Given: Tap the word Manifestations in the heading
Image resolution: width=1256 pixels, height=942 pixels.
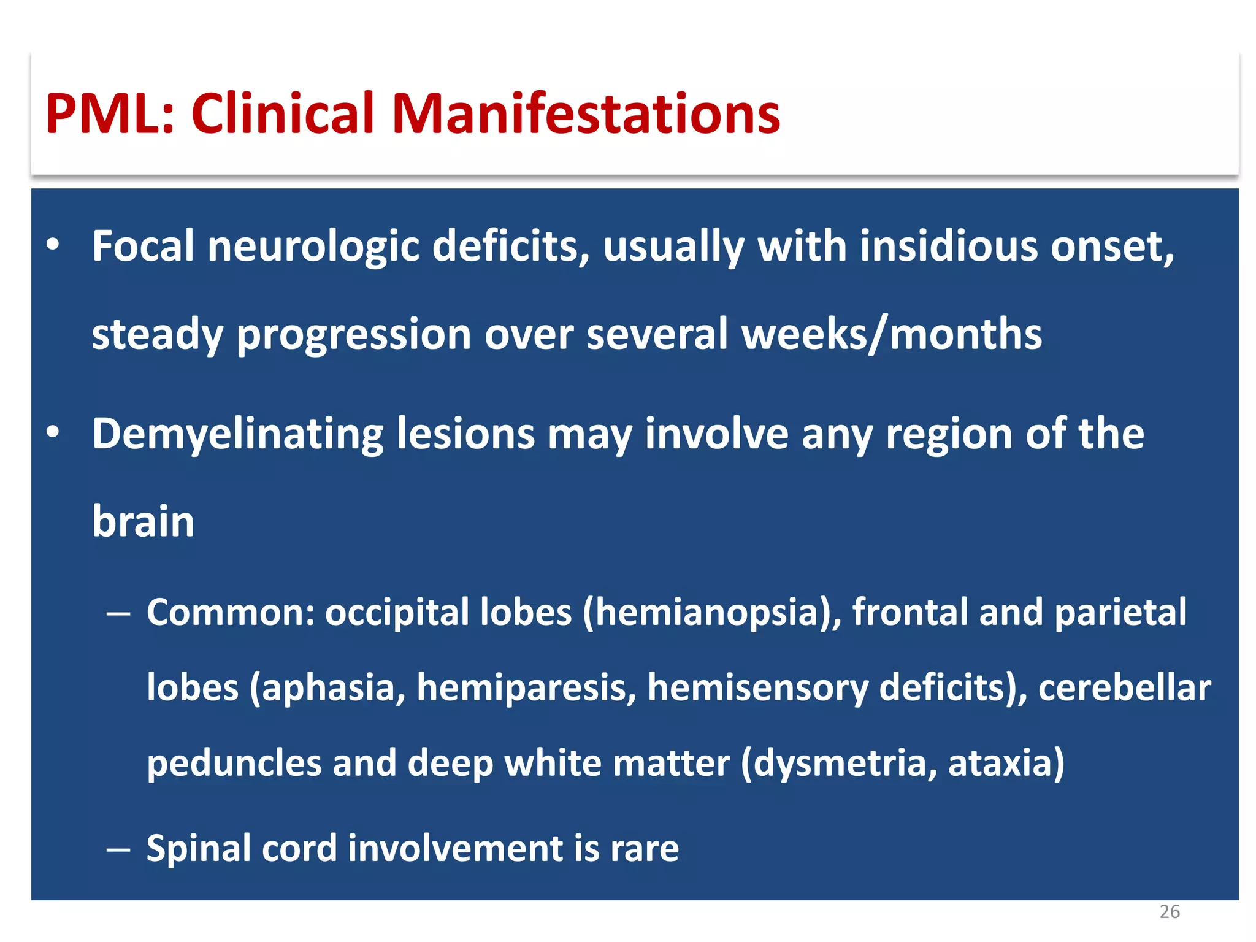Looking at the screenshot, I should click(x=586, y=114).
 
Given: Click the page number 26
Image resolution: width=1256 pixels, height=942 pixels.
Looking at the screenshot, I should click(x=1169, y=912).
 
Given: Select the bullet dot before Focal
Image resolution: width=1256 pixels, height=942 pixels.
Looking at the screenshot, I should click(x=53, y=245).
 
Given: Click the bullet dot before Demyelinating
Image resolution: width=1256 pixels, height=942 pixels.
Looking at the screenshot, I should click(x=53, y=433).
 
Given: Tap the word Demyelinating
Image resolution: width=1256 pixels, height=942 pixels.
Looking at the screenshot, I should click(x=237, y=434).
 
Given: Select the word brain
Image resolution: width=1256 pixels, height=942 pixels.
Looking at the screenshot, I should click(x=143, y=521).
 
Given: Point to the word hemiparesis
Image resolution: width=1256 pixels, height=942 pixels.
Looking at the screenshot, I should click(x=526, y=688).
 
